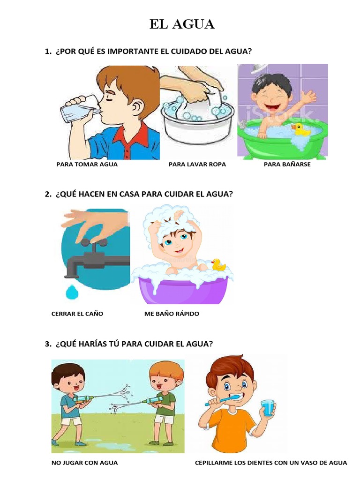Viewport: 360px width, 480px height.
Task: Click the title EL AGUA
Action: pos(182,24)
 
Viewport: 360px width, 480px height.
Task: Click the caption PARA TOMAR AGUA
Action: pos(87,165)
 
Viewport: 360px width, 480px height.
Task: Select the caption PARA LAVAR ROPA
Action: pos(197,165)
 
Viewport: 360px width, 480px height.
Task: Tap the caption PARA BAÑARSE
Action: pos(287,165)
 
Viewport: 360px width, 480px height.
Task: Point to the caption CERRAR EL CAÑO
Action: pos(77,314)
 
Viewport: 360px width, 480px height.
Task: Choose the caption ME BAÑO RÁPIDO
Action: pos(172,314)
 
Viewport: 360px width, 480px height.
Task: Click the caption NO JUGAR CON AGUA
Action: pos(84,463)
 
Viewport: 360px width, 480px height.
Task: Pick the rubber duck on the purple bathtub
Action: pos(218,265)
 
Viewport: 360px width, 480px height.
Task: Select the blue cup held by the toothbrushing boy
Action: pos(268,407)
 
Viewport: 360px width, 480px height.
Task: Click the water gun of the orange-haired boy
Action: pos(154,401)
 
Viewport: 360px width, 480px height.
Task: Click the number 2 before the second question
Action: pos(47,194)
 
